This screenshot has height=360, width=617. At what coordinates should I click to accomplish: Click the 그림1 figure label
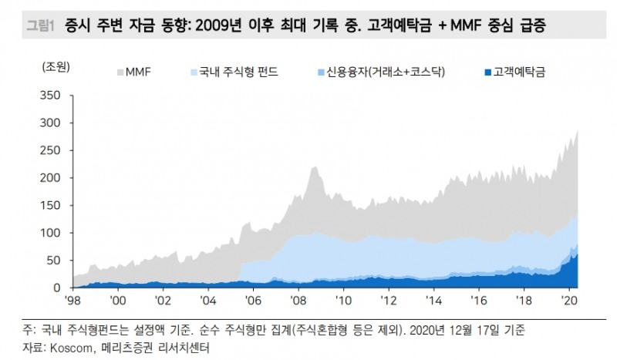tap(35, 25)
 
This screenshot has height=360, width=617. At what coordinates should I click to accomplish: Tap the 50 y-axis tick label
tap(51, 260)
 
